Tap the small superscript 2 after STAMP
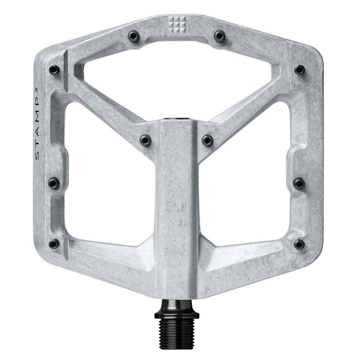tap(37, 90)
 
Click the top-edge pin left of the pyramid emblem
tap(134, 36)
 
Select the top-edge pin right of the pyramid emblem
tap(219, 36)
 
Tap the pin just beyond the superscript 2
tap(54, 70)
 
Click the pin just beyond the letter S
tap(54, 183)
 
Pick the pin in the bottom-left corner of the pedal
tap(54, 244)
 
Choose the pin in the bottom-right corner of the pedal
tap(299, 244)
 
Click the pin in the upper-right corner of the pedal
tap(300, 70)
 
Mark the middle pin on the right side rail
tap(299, 183)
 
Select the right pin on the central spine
tap(208, 140)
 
